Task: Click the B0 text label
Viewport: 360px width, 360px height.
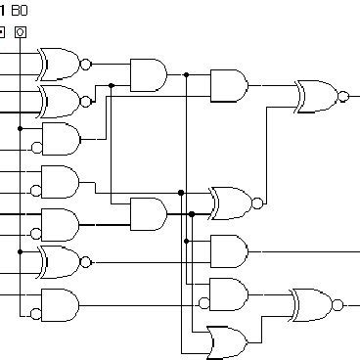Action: click(19, 11)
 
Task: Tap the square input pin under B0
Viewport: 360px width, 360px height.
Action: click(21, 32)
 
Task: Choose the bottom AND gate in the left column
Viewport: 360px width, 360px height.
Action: click(59, 304)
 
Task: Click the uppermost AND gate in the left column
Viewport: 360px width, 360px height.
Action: click(59, 139)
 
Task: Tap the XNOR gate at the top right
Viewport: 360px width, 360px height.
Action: click(316, 96)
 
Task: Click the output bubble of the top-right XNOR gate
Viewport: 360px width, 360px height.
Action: click(341, 96)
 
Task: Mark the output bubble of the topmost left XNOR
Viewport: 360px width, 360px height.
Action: click(86, 65)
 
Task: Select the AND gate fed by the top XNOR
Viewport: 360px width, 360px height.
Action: click(148, 73)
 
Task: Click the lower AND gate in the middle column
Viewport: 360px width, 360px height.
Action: click(148, 213)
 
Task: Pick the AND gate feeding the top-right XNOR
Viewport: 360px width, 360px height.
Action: click(228, 85)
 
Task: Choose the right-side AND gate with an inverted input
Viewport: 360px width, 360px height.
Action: click(228, 293)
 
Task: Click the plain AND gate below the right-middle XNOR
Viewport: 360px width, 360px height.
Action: click(228, 250)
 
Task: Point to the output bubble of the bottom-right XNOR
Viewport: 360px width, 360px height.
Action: click(337, 304)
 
